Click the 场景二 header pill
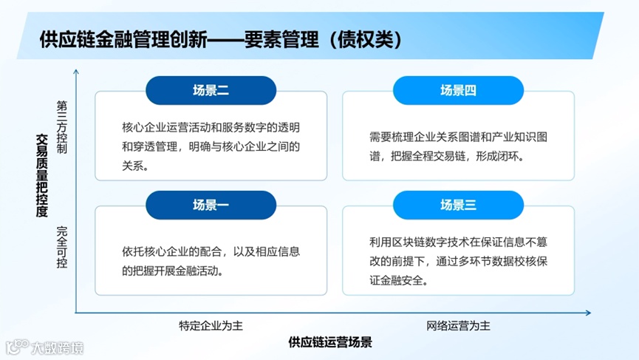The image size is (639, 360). (x=211, y=90)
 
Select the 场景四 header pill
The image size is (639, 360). (x=458, y=90)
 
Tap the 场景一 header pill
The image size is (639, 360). (x=211, y=206)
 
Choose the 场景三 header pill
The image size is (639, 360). (x=458, y=206)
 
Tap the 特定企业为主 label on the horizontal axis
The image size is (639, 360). (x=210, y=325)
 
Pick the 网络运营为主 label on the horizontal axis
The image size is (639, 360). (x=458, y=325)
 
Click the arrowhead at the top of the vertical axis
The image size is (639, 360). (x=76, y=72)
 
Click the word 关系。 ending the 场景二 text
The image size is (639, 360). (x=136, y=166)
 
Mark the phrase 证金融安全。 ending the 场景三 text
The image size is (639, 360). (x=399, y=281)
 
